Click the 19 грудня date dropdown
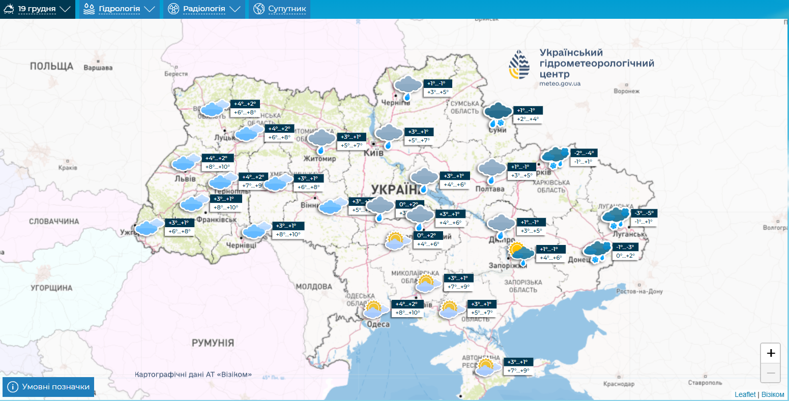(37, 9)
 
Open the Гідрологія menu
(119, 9)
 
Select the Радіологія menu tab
(204, 9)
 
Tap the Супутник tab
(280, 9)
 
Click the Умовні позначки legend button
(49, 387)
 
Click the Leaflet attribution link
(745, 394)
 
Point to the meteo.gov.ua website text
(560, 84)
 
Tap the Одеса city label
(377, 324)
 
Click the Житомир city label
(319, 159)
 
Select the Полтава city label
(490, 189)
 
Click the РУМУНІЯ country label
(213, 343)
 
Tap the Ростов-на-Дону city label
(639, 292)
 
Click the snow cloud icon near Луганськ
(616, 217)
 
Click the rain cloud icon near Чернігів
(408, 87)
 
